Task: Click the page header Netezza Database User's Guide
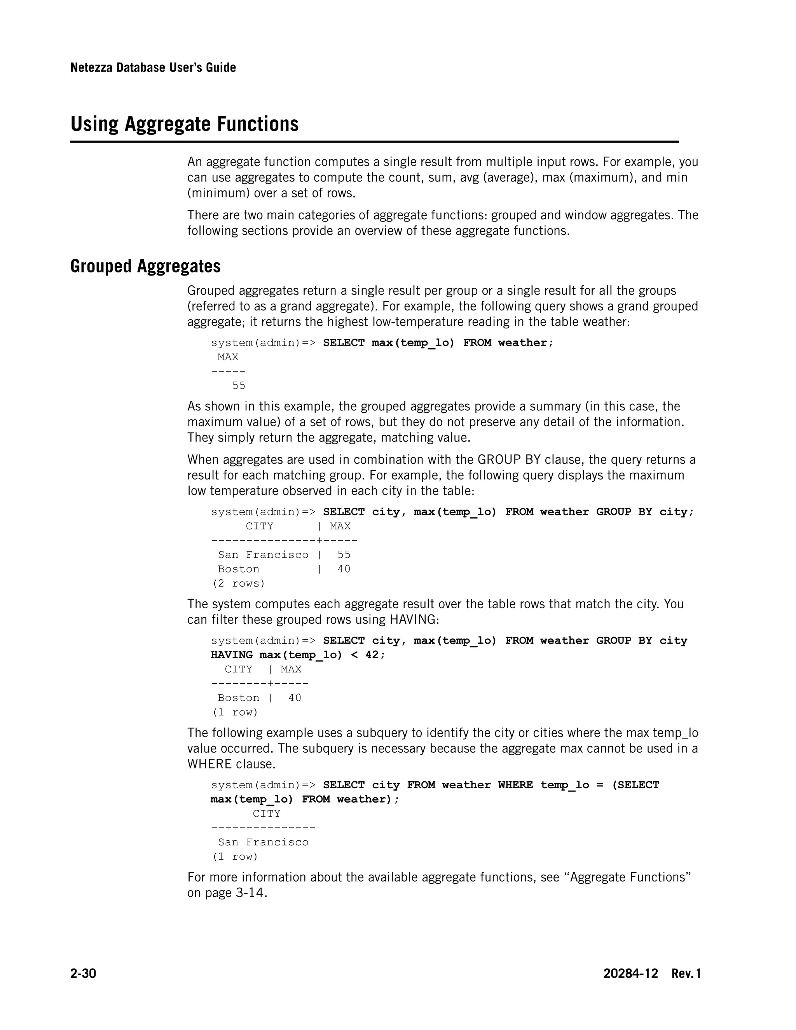pos(153,68)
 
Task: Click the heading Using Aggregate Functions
pos(184,124)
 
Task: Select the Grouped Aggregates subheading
pos(145,267)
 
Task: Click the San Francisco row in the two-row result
pos(263,555)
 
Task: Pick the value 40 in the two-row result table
pos(344,569)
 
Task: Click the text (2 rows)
pos(238,583)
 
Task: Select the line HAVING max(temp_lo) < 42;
pos(298,655)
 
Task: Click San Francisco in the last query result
pos(263,842)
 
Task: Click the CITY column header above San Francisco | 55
pos(259,526)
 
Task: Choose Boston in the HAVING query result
pos(238,698)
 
